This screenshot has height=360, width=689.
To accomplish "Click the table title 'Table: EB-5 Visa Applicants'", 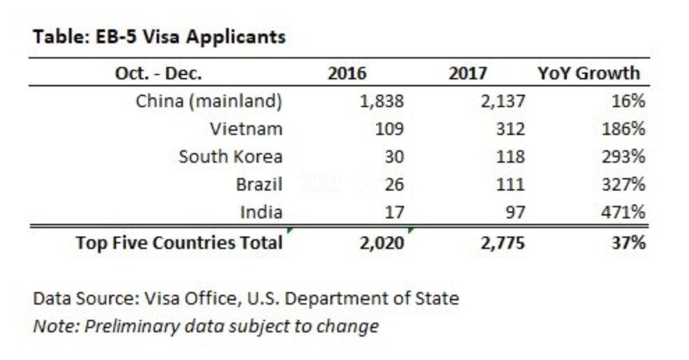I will coord(159,37).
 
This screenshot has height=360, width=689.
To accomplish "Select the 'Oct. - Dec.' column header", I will coord(158,73).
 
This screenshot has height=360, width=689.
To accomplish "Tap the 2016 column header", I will coord(347,73).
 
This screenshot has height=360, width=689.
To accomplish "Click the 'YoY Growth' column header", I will coord(588,73).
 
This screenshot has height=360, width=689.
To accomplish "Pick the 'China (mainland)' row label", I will coord(209,101).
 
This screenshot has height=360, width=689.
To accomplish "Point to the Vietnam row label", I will coord(246,129).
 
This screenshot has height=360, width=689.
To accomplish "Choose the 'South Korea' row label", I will coord(230,156).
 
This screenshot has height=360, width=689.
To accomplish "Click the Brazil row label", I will coord(259,184).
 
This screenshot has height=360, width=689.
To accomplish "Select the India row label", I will coord(261,212).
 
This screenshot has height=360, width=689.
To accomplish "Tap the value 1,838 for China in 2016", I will coord(382,101).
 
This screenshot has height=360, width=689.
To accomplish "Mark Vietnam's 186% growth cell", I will coord(623,129).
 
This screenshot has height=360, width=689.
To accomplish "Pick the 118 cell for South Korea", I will coord(510,156).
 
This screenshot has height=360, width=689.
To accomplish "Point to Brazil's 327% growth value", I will coord(623,184).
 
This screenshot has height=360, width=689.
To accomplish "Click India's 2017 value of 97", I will coord(514,212).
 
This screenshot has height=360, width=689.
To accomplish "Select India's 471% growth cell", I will coord(623,212).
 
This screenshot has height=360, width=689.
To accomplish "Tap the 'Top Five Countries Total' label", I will coord(179,243).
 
